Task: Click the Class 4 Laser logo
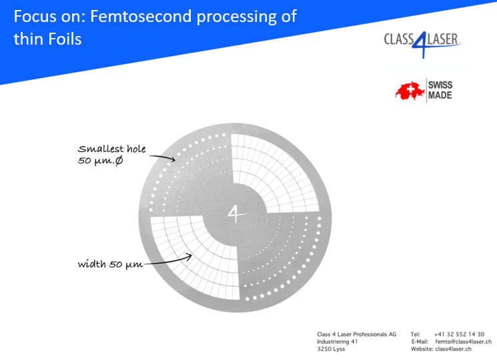[421, 41]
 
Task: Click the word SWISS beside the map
[440, 85]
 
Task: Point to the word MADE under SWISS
[440, 95]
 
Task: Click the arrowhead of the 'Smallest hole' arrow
[174, 159]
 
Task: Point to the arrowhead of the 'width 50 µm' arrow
[193, 255]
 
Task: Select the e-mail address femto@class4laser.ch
[463, 341]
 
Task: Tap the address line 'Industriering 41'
[337, 341]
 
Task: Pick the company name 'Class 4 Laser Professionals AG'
[356, 334]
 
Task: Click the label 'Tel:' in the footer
[416, 334]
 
